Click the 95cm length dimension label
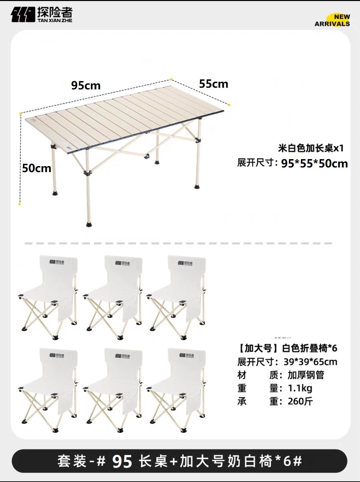(86, 85)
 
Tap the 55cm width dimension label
(214, 84)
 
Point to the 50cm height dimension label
(37, 168)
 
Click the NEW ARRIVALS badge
(333, 20)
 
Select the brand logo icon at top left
(23, 14)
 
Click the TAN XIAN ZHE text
(55, 20)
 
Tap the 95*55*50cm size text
(314, 163)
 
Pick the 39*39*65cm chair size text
(310, 362)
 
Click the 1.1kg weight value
(300, 388)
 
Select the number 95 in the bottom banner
(122, 462)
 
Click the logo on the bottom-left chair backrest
(57, 356)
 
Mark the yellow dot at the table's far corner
(171, 79)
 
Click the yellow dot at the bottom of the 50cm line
(20, 204)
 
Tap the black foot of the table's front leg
(89, 224)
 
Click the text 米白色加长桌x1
(311, 148)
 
